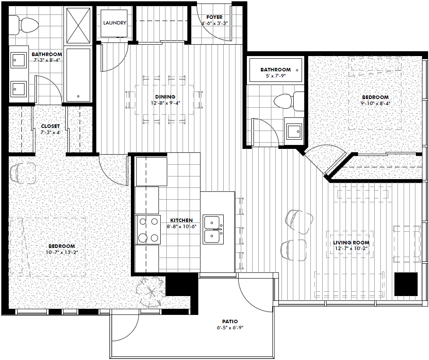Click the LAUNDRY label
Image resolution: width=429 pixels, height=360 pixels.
pos(115,23)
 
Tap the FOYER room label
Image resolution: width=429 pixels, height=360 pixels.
pos(214,17)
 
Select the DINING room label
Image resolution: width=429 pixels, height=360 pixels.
pos(165,97)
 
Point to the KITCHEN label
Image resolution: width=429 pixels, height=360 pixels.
pos(181,220)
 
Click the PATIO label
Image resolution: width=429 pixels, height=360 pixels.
pos(230,321)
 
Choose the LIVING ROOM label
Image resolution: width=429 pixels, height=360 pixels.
pos(351,243)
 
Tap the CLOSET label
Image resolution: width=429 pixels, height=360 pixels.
pos(50,126)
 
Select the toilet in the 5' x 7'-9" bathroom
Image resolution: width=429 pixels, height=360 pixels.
pos(289,101)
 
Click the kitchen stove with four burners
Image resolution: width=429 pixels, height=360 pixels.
pos(148,229)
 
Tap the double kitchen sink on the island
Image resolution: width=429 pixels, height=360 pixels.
pos(213,229)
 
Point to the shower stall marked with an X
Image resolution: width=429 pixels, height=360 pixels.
pos(78,25)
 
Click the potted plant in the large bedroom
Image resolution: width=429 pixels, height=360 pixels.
pos(151,292)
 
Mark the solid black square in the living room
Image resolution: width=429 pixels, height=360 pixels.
pos(406,284)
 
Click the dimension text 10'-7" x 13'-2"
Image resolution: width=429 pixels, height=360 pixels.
pos(61,252)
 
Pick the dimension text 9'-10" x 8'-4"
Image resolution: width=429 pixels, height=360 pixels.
pos(375,103)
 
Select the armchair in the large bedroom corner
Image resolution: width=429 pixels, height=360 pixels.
pos(23,173)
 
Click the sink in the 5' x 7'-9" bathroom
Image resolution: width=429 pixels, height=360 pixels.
pos(294,131)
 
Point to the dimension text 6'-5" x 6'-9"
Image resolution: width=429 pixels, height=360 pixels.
pos(230,328)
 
